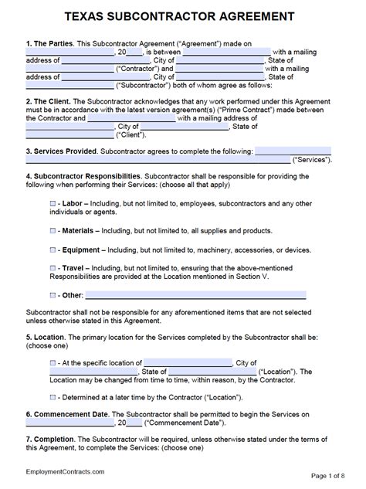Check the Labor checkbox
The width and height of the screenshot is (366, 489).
coord(53,202)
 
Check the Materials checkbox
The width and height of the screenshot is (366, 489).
coord(53,230)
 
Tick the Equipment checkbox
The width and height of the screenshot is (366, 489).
coord(53,250)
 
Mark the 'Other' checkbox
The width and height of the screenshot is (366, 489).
coord(53,295)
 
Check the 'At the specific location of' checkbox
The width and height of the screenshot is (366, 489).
coord(53,362)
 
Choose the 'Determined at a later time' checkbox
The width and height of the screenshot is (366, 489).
coord(53,396)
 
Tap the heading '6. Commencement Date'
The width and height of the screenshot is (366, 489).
coord(67,414)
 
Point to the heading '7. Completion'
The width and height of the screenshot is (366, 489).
coord(52,439)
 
